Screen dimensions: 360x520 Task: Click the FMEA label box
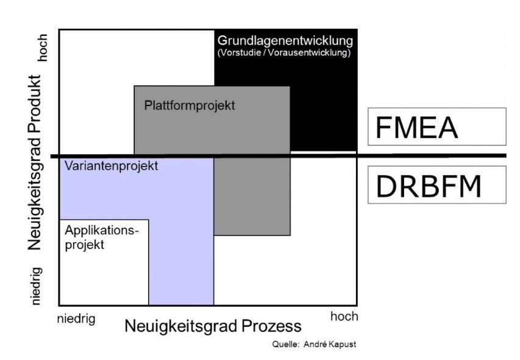tap(436, 127)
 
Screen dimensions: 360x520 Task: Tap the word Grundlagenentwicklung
tap(285, 41)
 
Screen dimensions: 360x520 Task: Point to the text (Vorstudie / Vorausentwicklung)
tap(284, 53)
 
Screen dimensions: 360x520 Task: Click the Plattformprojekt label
tap(190, 105)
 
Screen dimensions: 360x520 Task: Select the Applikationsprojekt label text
tap(102, 238)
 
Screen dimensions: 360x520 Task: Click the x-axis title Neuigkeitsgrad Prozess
tap(213, 326)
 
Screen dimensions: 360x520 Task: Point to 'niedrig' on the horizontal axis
tap(76, 319)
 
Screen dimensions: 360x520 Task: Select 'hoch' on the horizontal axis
tap(344, 317)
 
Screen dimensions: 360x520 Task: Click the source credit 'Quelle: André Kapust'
tap(314, 344)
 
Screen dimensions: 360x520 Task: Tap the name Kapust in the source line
tap(343, 344)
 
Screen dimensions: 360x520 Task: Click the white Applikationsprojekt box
tap(104, 268)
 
